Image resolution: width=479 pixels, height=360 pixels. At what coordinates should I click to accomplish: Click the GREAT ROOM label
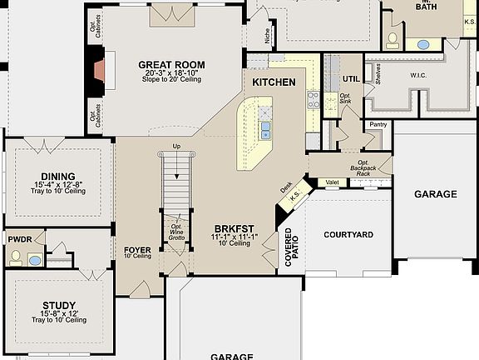(x=171, y=65)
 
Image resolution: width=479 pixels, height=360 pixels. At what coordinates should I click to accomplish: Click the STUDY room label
(x=58, y=305)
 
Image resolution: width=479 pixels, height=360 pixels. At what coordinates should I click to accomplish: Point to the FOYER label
(x=137, y=250)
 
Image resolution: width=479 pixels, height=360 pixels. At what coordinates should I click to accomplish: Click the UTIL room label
(x=351, y=79)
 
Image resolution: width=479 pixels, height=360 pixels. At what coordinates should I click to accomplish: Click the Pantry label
(x=378, y=124)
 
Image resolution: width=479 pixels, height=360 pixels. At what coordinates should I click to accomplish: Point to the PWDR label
(x=20, y=239)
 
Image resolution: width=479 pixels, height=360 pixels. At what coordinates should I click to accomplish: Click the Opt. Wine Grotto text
(x=175, y=232)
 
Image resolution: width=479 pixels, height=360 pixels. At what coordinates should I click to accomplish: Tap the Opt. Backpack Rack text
(x=363, y=167)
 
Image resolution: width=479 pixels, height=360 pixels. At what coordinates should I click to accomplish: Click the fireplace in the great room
(x=101, y=71)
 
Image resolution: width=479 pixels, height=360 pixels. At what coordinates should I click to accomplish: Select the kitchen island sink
(x=265, y=129)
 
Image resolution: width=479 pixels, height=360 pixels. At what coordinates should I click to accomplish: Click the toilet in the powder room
(x=16, y=257)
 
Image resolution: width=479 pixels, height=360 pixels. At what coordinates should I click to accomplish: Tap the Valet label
(x=331, y=182)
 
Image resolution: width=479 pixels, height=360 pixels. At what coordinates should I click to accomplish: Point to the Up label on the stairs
(x=175, y=147)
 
